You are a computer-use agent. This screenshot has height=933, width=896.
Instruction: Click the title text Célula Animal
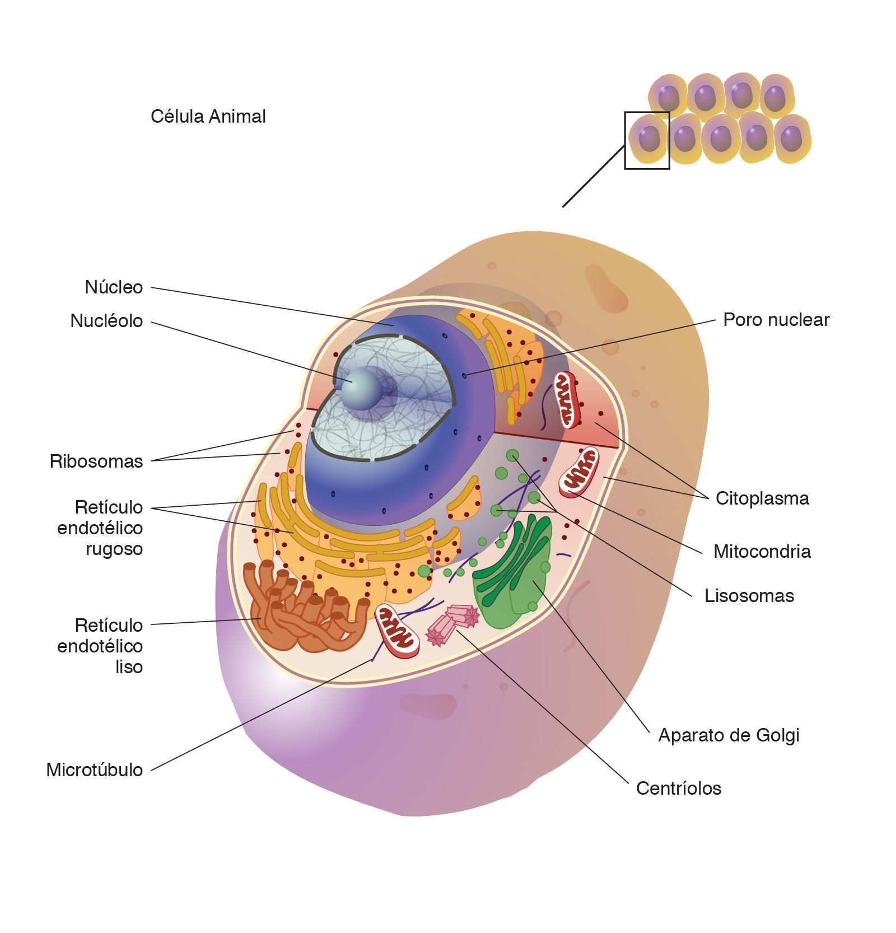pyautogui.click(x=208, y=116)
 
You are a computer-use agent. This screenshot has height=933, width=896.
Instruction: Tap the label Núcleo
pyautogui.click(x=114, y=287)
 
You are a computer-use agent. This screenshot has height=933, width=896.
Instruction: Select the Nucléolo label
pyautogui.click(x=106, y=321)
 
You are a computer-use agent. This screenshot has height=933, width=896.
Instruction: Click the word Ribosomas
pyautogui.click(x=96, y=461)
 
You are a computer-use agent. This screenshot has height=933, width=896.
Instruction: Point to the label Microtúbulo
pyautogui.click(x=95, y=770)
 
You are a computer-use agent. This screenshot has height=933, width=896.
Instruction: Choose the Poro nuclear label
pyautogui.click(x=776, y=320)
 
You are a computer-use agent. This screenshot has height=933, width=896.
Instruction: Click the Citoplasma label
pyautogui.click(x=762, y=498)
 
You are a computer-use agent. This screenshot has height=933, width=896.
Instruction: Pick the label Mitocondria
pyautogui.click(x=762, y=552)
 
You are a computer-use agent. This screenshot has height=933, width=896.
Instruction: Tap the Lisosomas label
pyautogui.click(x=749, y=596)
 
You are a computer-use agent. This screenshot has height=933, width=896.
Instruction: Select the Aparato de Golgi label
pyautogui.click(x=729, y=735)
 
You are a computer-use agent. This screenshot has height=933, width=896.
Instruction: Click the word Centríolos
pyautogui.click(x=678, y=789)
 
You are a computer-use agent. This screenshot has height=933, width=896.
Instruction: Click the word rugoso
pyautogui.click(x=114, y=549)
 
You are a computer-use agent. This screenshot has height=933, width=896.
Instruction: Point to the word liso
pyautogui.click(x=129, y=667)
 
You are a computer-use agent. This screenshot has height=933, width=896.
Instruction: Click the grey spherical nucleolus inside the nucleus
pyautogui.click(x=361, y=389)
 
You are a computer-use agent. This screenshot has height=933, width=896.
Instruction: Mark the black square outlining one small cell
pyautogui.click(x=647, y=140)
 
